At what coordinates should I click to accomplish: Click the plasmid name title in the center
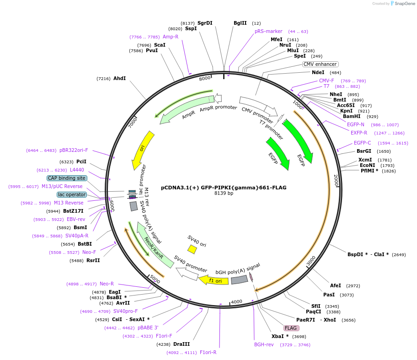coord(224,187)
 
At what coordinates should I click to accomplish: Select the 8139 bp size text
coord(224,193)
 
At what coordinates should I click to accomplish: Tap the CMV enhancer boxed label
coord(321,64)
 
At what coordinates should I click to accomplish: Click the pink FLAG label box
coord(291,328)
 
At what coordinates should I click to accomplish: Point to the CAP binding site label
coord(67,178)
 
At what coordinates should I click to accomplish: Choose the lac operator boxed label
coord(72,194)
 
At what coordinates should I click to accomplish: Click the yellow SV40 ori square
coord(192,249)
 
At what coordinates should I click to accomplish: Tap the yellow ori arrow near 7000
coord(143,150)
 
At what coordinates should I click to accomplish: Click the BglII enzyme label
coord(240,23)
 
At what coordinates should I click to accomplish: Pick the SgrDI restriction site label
coord(205,23)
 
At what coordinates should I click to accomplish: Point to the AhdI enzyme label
coord(119,79)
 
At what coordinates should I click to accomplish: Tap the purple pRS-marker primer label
coord(268,31)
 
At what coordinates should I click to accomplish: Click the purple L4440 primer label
coord(77,170)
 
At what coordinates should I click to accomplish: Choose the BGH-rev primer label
coord(264,344)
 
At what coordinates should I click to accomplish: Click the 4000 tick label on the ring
coord(236,302)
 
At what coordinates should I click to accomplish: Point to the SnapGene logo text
coord(405,4)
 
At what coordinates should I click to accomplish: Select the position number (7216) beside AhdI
coord(103,79)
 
